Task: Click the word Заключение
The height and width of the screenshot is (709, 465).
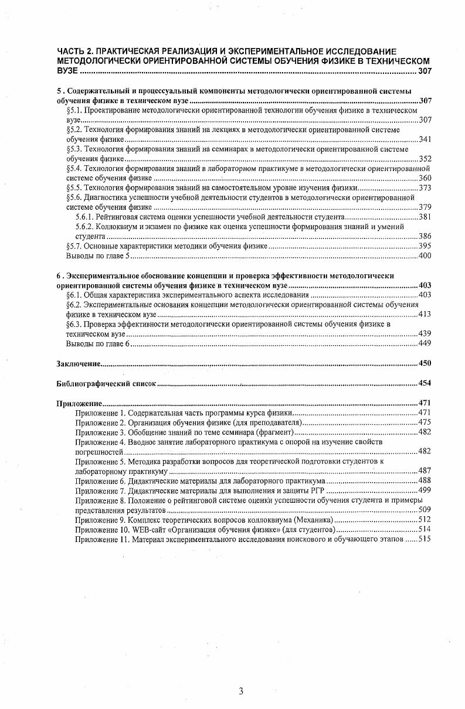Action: pyautogui.click(x=79, y=363)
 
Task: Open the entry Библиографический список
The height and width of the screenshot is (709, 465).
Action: pyautogui.click(x=106, y=384)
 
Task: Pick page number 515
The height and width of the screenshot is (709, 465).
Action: pyautogui.click(x=425, y=539)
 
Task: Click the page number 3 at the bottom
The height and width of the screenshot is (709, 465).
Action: pyautogui.click(x=241, y=691)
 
